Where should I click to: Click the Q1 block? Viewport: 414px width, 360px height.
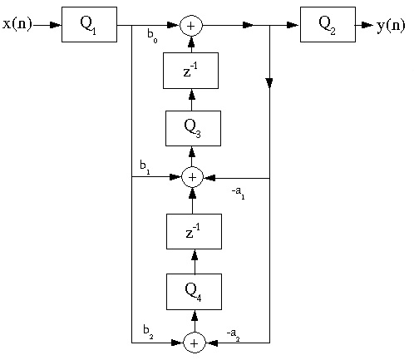pos(89,24)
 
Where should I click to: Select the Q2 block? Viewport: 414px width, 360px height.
pos(328,24)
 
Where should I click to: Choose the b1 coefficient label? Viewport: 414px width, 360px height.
pos(145,171)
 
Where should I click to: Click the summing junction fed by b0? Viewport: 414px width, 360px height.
pos(192,26)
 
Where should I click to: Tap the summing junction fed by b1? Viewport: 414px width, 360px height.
pos(192,177)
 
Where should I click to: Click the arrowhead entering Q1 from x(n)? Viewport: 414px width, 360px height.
pos(55,25)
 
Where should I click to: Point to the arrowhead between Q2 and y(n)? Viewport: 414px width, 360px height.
pos(366,25)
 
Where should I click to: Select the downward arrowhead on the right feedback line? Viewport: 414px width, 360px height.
pos(269,83)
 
